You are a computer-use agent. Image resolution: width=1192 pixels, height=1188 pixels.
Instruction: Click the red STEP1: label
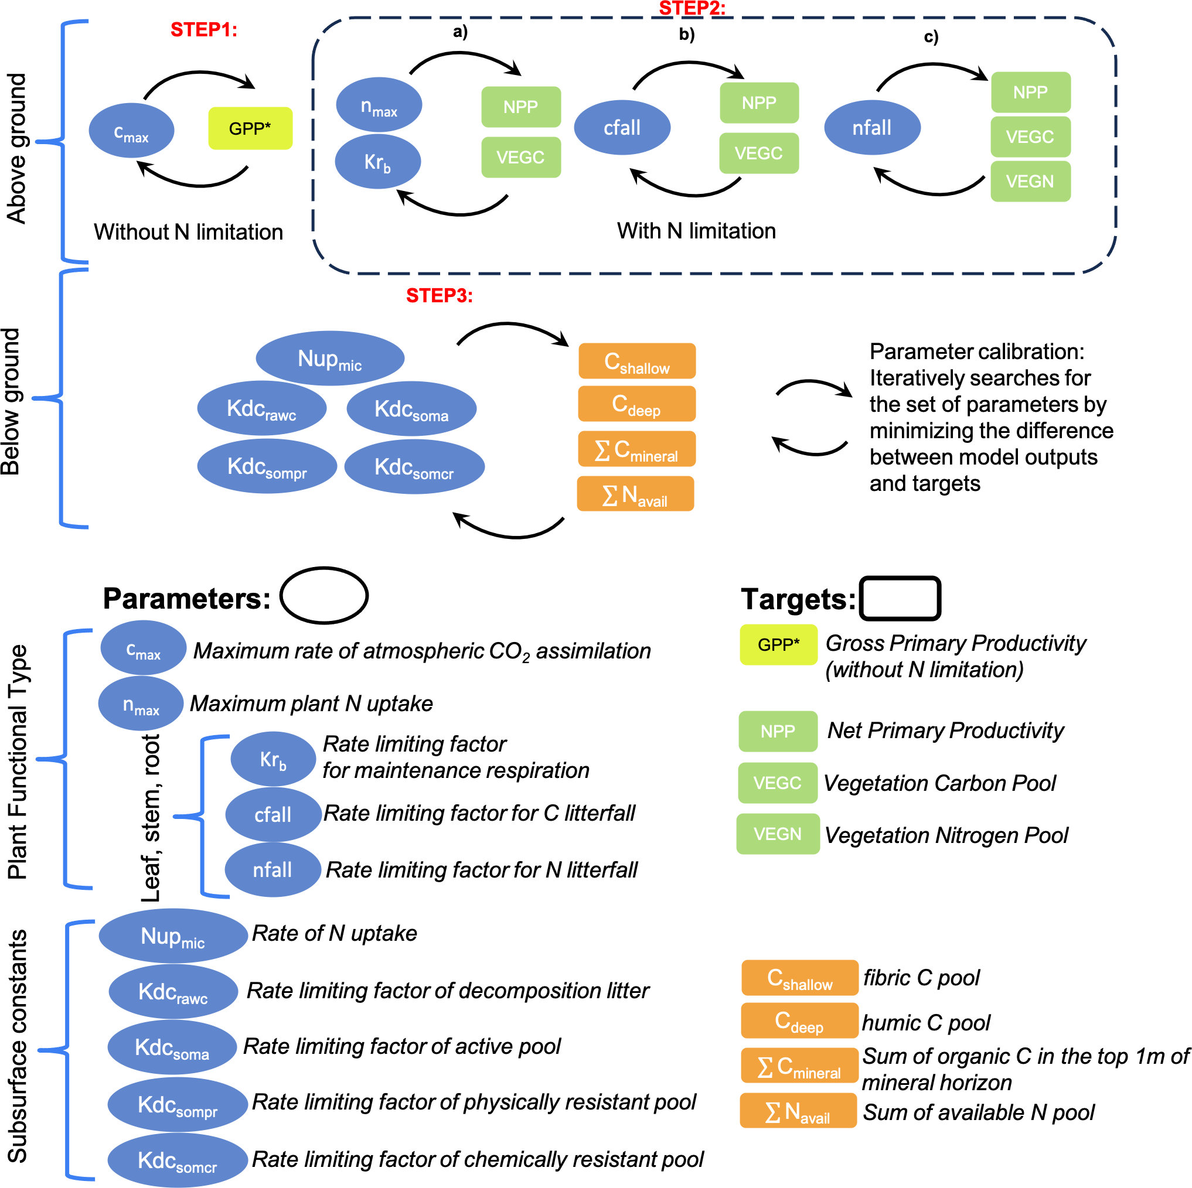pos(203,30)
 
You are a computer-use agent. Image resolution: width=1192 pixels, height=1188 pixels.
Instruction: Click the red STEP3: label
pos(439,296)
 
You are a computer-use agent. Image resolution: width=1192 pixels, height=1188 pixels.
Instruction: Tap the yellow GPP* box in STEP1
pos(250,128)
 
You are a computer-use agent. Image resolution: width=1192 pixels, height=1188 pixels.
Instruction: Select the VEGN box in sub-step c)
pos(1030,182)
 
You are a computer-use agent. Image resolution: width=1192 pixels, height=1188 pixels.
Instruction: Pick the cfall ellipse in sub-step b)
pos(622,128)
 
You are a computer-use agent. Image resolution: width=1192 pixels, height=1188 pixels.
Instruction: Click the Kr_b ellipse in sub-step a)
pos(377,162)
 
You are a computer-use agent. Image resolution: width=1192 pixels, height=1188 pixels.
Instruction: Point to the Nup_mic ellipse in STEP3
pos(329,359)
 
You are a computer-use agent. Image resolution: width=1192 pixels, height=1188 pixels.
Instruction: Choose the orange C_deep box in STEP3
pos(636,404)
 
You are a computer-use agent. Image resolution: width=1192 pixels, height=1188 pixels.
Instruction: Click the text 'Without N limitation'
pos(188,232)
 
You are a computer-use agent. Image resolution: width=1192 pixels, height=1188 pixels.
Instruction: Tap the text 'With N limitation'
pos(696,231)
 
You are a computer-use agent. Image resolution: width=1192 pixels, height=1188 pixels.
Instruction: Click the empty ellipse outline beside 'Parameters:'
pos(324,595)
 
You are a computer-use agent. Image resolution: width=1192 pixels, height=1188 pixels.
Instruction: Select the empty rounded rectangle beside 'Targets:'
pos(900,598)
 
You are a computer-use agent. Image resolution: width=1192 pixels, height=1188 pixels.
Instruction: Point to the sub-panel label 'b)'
pos(687,34)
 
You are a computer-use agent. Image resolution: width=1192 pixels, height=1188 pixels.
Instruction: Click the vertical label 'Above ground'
pos(16,148)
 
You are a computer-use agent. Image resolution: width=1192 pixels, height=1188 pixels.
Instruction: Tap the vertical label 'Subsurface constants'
pos(17,1046)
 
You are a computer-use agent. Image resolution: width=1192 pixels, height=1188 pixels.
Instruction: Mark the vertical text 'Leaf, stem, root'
pos(151,818)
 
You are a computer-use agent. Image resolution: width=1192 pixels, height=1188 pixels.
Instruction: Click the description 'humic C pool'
pos(925,1023)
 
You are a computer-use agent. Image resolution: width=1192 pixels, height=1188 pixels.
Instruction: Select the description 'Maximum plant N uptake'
pos(311,703)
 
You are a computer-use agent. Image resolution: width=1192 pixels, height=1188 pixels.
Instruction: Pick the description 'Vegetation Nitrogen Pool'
pos(946,835)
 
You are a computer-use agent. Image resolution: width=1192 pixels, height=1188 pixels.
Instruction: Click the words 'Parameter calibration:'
pos(976,351)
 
